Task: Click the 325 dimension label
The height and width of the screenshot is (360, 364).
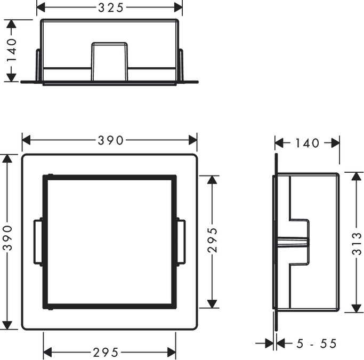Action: coord(110,8)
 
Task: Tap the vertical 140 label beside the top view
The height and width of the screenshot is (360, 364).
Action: coord(11,50)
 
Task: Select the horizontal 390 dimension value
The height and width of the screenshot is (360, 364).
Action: coord(110,140)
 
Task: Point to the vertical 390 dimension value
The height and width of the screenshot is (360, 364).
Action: coord(7,238)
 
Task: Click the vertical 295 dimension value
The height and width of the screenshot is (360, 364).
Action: coord(213,240)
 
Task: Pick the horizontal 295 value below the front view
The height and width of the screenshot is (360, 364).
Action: coord(106,353)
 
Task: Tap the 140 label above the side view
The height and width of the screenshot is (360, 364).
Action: coord(307,143)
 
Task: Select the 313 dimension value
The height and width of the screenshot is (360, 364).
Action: coord(357,244)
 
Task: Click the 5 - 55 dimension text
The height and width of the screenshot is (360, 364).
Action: coord(317,343)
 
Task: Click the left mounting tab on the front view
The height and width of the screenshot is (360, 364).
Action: coord(38,242)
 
